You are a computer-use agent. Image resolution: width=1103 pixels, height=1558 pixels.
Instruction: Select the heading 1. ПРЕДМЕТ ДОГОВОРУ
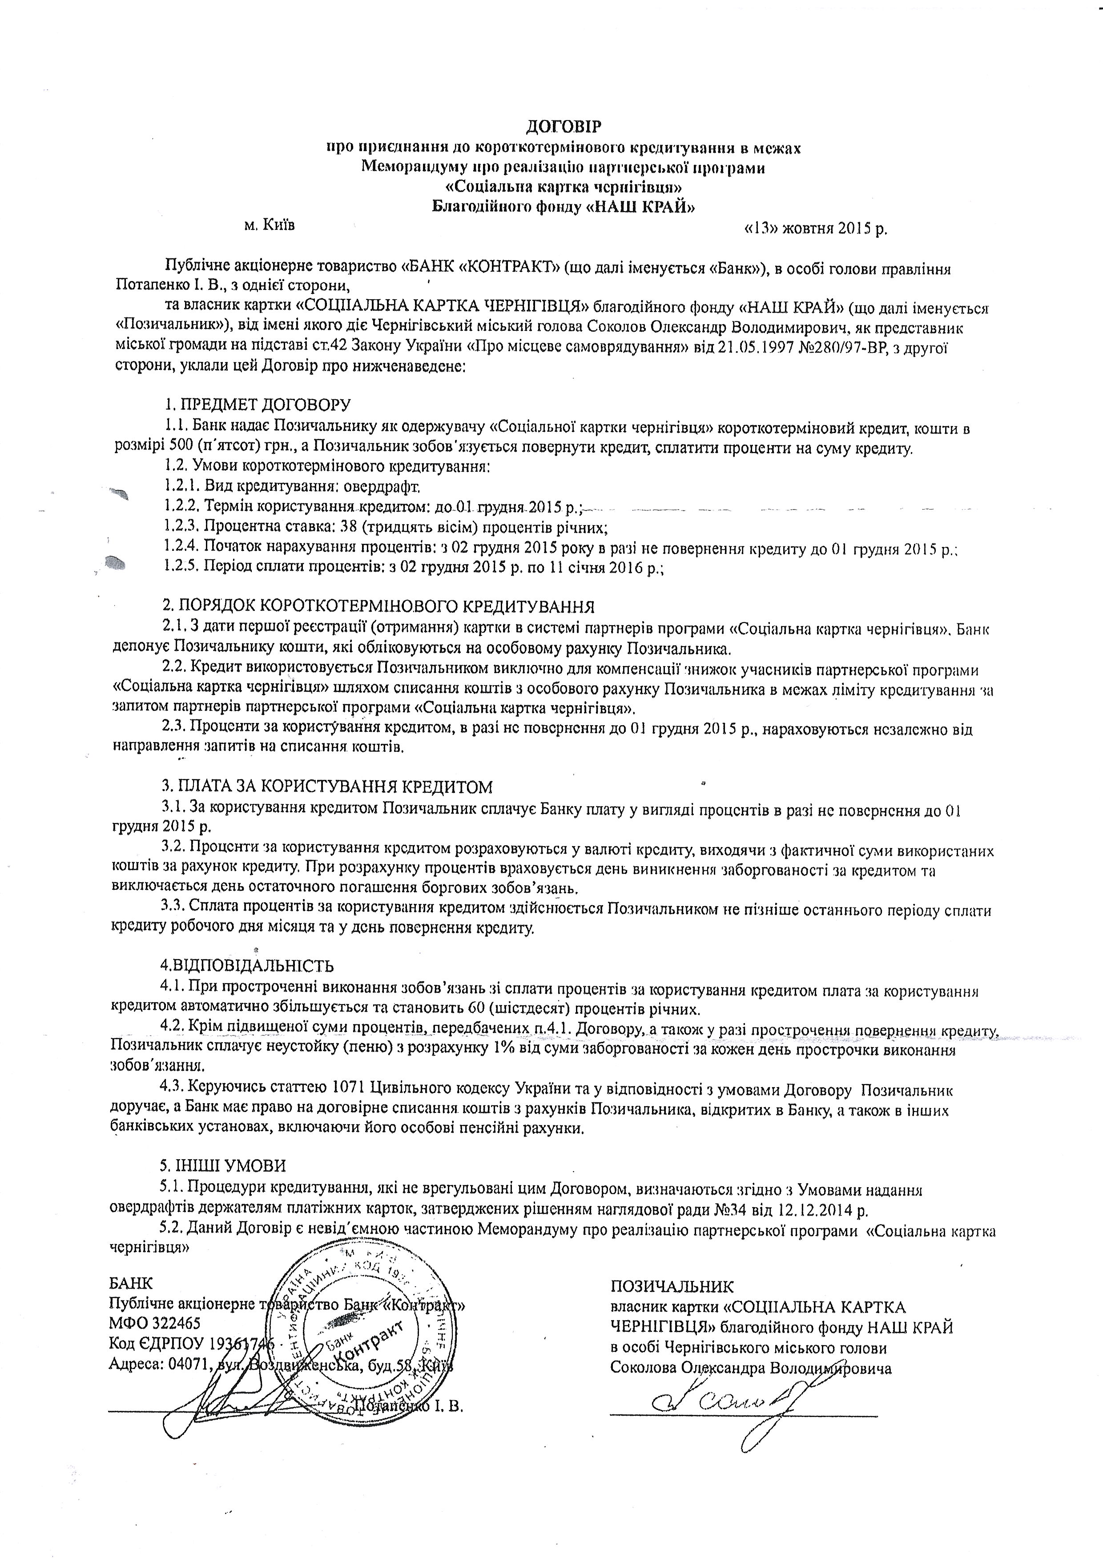[x=258, y=405]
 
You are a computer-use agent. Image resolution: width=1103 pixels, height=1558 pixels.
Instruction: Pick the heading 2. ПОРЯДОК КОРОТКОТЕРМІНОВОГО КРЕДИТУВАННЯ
[x=378, y=606]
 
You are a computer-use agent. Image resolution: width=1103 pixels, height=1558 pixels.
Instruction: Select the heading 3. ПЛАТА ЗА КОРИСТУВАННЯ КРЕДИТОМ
[x=327, y=787]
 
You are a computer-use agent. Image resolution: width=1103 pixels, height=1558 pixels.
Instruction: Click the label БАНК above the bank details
[x=130, y=1283]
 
